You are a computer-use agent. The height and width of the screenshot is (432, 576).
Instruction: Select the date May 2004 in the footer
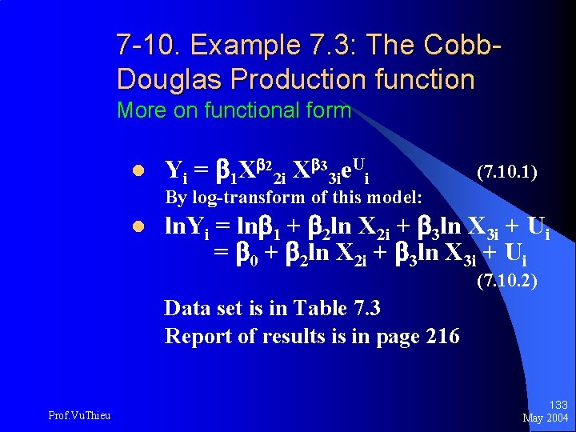(546, 418)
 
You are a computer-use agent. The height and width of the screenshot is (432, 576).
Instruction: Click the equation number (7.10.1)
(506, 172)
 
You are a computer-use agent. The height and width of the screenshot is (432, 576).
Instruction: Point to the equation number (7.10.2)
(506, 281)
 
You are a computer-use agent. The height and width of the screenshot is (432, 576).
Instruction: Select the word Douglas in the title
(163, 79)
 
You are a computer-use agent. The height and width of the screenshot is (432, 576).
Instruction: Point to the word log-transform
(240, 198)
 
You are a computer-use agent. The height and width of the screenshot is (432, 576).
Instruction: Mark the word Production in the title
(295, 79)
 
